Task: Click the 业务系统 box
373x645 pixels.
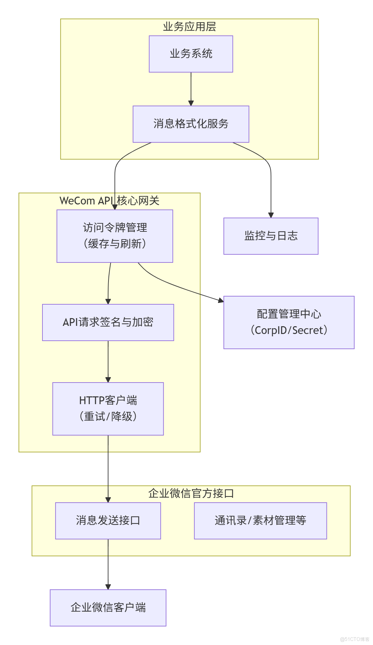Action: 191,54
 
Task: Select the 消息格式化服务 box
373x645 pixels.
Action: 191,124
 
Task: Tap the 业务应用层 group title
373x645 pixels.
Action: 189,27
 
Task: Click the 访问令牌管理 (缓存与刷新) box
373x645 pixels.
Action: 115,236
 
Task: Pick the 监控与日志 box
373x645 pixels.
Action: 271,236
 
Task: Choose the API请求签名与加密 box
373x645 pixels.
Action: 108,322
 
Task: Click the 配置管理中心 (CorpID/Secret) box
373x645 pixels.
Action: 289,322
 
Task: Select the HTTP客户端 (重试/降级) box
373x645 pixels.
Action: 108,409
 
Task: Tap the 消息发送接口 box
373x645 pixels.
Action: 108,521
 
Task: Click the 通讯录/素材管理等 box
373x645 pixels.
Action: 260,521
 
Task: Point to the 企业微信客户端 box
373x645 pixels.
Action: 108,608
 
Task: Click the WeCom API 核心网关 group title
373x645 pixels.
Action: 109,201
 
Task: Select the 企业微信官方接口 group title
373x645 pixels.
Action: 191,494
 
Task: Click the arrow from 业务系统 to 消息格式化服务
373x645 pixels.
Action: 191,88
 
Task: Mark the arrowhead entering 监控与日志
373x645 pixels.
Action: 271,215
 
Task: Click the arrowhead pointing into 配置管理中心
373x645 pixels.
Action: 221,300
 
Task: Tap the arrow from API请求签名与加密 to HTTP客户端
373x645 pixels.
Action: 108,361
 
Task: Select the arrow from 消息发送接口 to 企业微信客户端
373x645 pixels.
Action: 108,563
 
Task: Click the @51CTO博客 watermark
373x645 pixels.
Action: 354,639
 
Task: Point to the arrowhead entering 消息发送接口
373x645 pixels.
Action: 108,500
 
